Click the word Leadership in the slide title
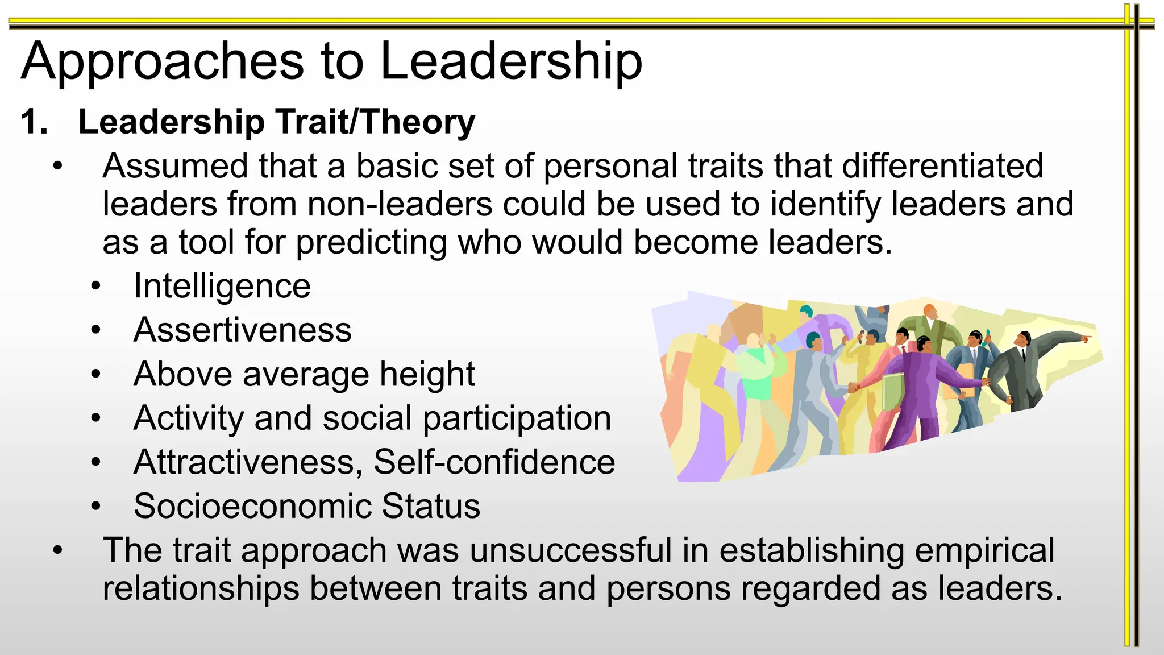(511, 61)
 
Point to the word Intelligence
(222, 286)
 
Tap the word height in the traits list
(427, 374)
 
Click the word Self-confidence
(494, 462)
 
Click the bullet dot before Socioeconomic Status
(96, 505)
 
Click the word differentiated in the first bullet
(942, 166)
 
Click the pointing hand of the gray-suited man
(1086, 339)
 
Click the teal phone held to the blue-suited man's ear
(987, 332)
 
